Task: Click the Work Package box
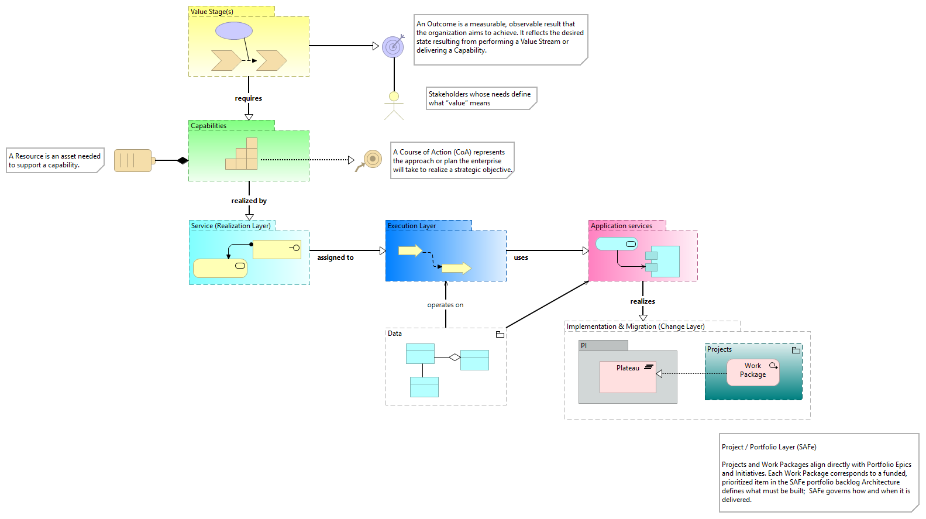click(x=753, y=372)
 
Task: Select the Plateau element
click(x=628, y=377)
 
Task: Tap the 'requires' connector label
click(x=249, y=98)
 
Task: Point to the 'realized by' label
click(x=249, y=201)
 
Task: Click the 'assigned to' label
click(x=335, y=257)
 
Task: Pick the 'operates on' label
click(x=445, y=305)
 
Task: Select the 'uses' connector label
click(x=521, y=257)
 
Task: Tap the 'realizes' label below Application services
click(x=642, y=301)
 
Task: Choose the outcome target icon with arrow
click(x=393, y=46)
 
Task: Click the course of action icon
click(x=370, y=160)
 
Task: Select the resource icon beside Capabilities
click(x=134, y=160)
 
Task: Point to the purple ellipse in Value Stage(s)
click(x=234, y=31)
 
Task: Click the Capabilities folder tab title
click(x=209, y=126)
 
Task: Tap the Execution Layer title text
click(x=412, y=226)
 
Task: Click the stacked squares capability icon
click(x=243, y=154)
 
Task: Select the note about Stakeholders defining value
click(x=480, y=98)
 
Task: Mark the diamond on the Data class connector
click(x=455, y=357)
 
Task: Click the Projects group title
click(x=720, y=349)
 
